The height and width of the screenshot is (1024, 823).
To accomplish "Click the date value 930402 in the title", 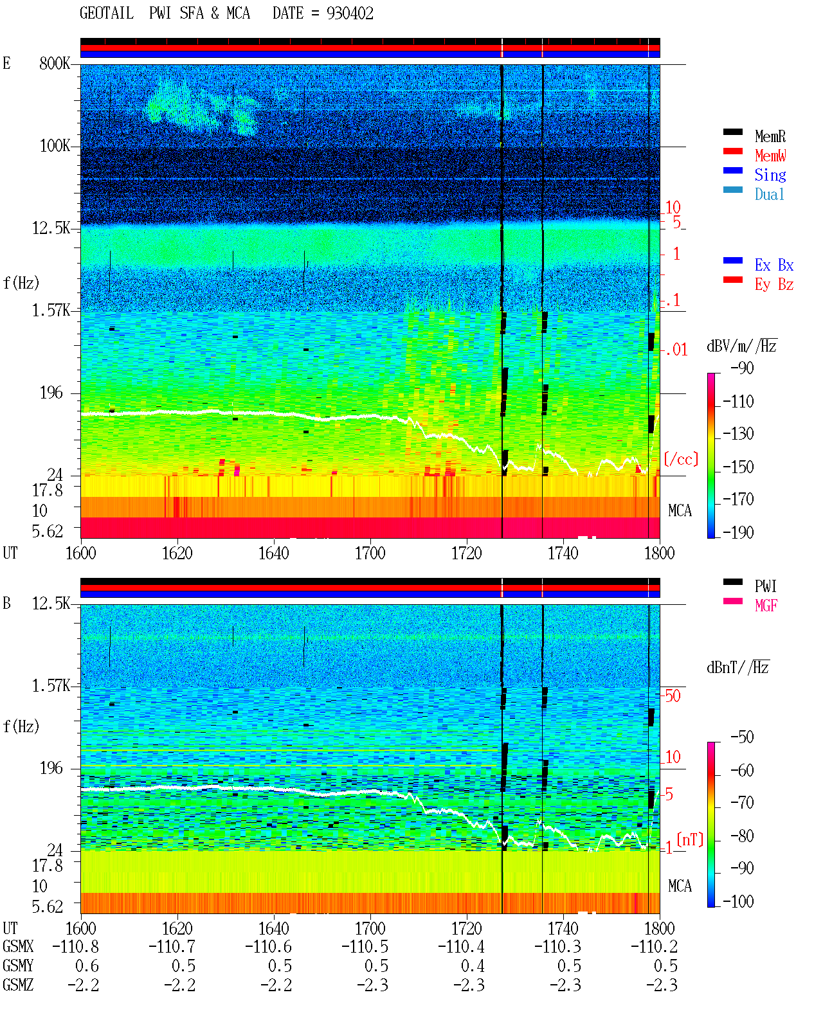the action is point(350,13).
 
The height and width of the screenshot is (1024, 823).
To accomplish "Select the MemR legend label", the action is point(770,136).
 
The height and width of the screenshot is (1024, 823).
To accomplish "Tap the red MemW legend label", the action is point(770,156).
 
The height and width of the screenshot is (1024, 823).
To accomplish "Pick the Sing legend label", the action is point(770,175).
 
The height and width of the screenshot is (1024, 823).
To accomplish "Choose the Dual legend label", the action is point(769,194).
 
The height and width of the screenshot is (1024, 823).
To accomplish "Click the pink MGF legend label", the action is point(766,606).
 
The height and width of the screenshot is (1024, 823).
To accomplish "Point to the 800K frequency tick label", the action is point(55,63).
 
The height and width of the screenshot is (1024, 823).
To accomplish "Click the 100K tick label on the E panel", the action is point(55,146).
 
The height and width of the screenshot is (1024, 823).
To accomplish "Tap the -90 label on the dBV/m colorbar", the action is point(742,368).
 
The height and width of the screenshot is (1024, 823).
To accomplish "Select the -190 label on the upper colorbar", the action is point(738,532).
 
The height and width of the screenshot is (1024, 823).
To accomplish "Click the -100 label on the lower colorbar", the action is point(738,901).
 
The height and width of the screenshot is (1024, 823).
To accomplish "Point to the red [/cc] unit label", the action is point(681,459).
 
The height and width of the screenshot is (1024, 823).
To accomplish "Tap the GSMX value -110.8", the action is point(75,946).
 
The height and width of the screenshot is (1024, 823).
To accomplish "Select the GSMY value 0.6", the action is point(87,966).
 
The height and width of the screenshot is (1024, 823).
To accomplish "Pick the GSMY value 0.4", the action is point(473,966).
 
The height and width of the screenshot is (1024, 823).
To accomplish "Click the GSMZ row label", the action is point(18,985).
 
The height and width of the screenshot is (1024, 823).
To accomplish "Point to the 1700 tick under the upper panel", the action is point(370,553).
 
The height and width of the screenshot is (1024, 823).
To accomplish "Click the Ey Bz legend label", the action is point(773,285).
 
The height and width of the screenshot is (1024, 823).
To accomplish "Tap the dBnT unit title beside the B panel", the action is point(738,668).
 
